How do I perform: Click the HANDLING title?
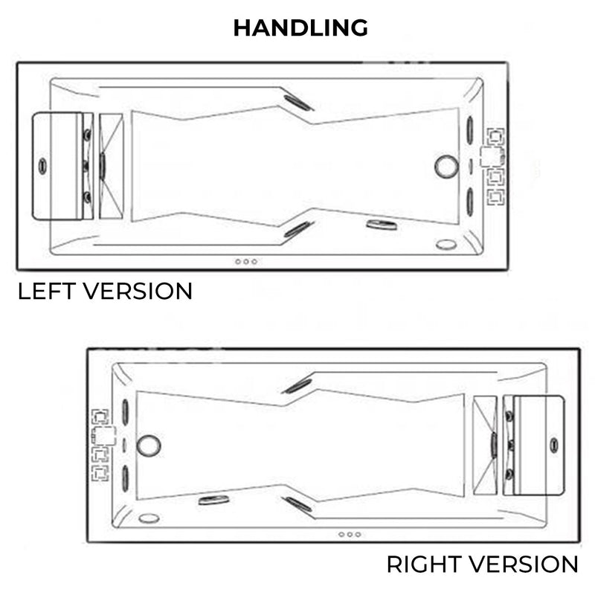pos(300,28)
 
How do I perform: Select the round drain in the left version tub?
pos(446,166)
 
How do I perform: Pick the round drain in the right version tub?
pos(148,446)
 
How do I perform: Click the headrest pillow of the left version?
pos(57,166)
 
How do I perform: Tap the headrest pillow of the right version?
pos(538,445)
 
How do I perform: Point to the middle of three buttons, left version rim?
pos(246,262)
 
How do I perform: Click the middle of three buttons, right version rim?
pos(350,534)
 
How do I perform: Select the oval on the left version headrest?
pos(42,166)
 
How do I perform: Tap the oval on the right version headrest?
pos(554,445)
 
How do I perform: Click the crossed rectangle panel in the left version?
pos(111,166)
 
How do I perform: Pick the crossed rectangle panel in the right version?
pos(485,445)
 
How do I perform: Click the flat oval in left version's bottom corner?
pos(446,245)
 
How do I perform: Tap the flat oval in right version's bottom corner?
pos(149,518)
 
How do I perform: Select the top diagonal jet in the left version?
pos(298,103)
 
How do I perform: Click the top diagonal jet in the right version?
pos(297,386)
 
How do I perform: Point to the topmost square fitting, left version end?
pos(495,137)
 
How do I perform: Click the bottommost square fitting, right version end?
pos(100,473)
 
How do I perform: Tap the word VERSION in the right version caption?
pos(524,565)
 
